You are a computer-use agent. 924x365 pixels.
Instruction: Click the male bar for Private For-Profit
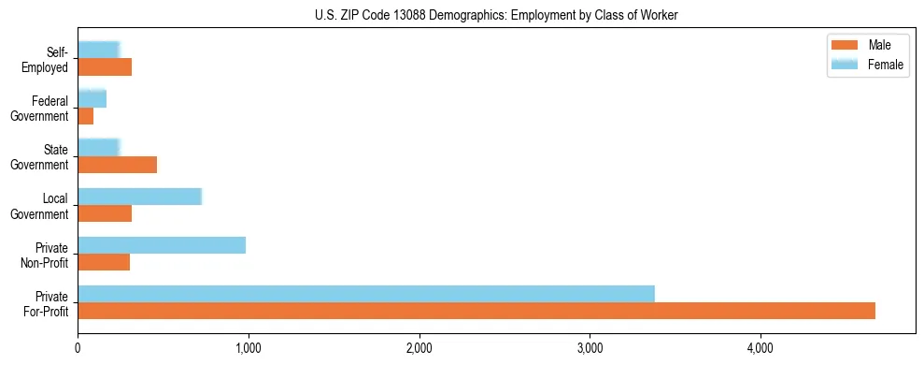pos(476,311)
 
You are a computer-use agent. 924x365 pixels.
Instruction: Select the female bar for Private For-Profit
pos(366,294)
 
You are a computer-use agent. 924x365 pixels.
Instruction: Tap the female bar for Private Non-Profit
pos(162,245)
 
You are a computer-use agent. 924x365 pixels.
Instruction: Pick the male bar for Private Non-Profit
pos(104,262)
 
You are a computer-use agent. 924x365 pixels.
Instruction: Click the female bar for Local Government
pos(140,197)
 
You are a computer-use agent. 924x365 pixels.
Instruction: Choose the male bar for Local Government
pos(105,213)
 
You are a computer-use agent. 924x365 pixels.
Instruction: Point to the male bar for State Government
pos(118,165)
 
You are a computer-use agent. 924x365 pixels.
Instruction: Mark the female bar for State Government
pos(99,147)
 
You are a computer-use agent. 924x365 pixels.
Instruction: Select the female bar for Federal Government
pos(92,98)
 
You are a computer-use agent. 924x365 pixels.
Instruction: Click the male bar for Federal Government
pos(86,116)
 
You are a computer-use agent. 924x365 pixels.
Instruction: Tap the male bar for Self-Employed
pos(105,67)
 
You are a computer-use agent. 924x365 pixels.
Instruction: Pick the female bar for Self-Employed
pos(99,50)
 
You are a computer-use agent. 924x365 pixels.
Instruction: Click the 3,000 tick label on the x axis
pos(590,348)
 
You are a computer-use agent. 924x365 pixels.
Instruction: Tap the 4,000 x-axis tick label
pos(761,348)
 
